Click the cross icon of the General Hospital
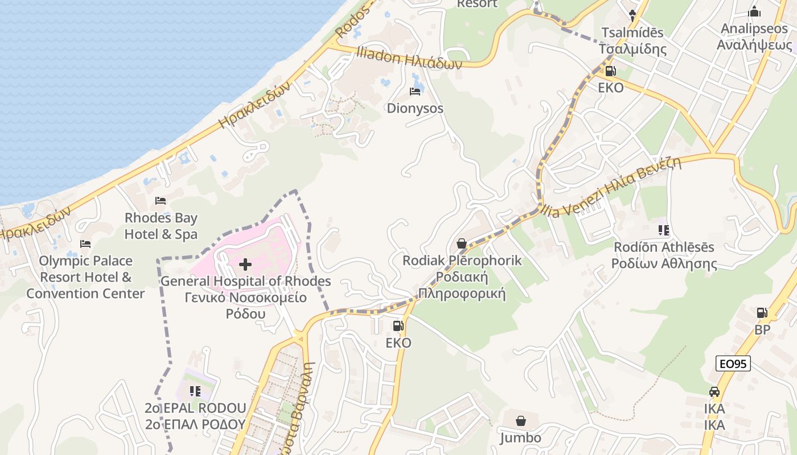coord(245,264)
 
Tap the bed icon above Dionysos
coord(415,92)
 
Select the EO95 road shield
coord(733,363)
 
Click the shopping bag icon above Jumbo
coord(520,421)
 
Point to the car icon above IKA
coord(714,392)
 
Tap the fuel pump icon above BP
coord(762,313)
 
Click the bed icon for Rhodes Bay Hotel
coord(161,201)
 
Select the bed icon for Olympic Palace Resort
coord(85,244)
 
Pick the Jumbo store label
coord(520,438)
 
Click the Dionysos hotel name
coord(415,108)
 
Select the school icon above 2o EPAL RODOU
coord(195,391)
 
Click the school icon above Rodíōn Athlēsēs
coord(663,230)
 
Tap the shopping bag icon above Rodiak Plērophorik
coord(462,243)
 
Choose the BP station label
coord(762,330)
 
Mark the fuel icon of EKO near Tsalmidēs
coord(610,71)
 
